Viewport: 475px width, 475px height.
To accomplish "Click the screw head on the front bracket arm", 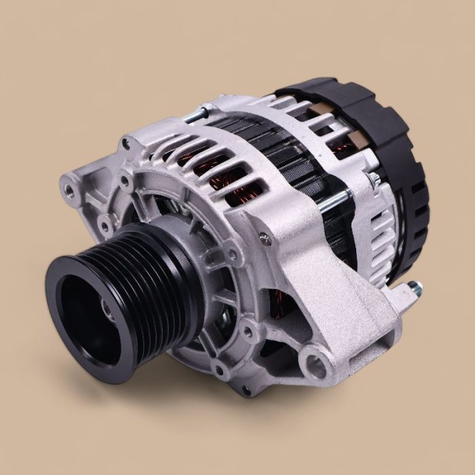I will click(x=264, y=237).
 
